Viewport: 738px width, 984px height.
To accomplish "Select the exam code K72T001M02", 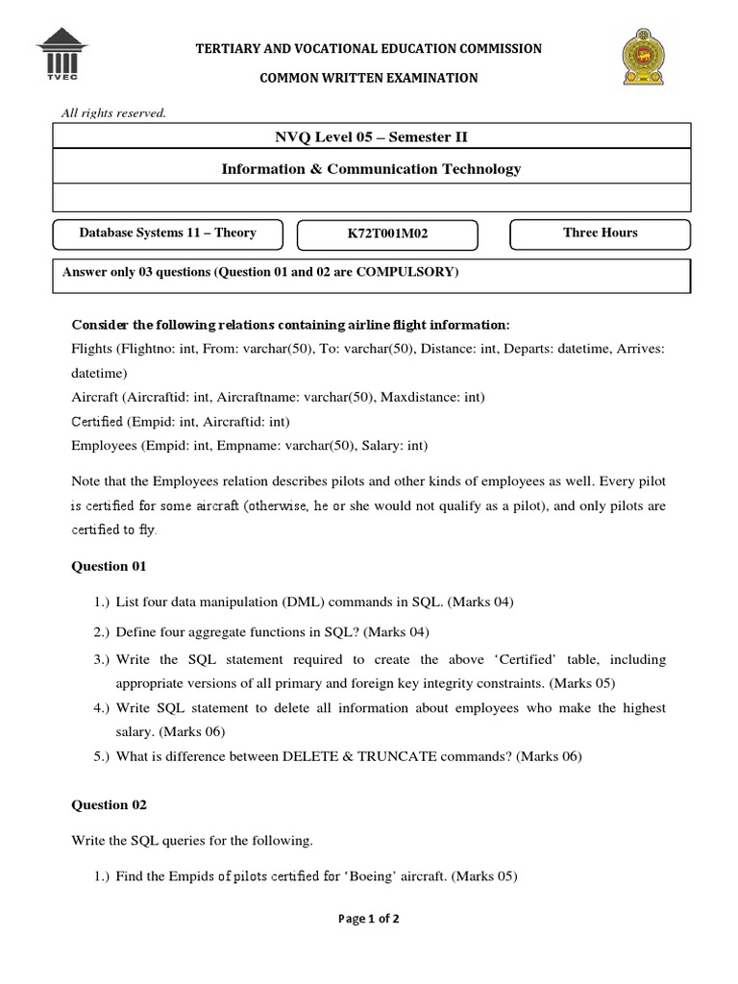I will (x=387, y=234).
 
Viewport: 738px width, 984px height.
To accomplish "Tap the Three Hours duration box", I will (x=600, y=233).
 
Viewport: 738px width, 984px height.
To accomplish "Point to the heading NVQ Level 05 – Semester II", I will (x=371, y=137).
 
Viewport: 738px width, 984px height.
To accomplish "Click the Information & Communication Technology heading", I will (x=371, y=169).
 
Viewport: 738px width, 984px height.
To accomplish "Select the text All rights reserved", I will (x=113, y=113).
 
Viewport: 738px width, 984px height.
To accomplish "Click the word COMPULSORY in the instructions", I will (x=406, y=272).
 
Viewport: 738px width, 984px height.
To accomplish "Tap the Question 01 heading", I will (x=109, y=566).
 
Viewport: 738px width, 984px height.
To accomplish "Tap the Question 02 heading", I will (x=109, y=804).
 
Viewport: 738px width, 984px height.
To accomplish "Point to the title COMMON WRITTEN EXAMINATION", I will (x=370, y=78).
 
